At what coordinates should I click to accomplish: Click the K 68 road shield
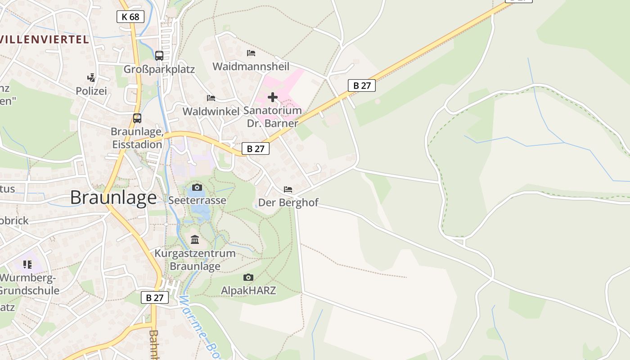tap(131, 17)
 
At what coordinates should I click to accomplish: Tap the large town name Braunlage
tap(113, 198)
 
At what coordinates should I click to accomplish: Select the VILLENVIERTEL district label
tap(44, 39)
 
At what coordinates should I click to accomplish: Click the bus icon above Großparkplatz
tap(159, 56)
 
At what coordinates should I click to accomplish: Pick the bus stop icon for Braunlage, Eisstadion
tap(137, 118)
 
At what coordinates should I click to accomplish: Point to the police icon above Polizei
tap(91, 78)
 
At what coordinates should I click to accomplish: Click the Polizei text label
tap(91, 91)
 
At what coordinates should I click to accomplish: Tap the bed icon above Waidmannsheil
tap(251, 53)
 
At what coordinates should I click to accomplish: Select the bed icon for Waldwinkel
tap(211, 98)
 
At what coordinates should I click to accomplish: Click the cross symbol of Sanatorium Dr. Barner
tap(273, 97)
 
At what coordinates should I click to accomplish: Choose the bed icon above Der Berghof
tap(288, 189)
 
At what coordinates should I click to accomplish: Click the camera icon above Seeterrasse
tap(197, 187)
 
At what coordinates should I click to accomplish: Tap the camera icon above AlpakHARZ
tap(248, 277)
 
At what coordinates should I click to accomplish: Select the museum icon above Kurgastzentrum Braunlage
tap(195, 239)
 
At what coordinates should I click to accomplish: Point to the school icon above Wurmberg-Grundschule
tap(27, 264)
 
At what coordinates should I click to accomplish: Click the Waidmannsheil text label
tap(251, 67)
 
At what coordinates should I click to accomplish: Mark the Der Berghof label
tap(288, 202)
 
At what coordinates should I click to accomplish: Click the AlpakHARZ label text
tap(248, 291)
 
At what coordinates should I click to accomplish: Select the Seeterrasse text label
tap(197, 200)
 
